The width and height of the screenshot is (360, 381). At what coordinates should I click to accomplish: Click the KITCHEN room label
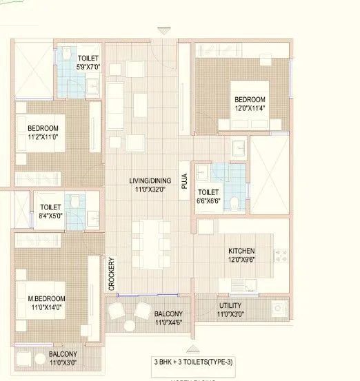(241, 251)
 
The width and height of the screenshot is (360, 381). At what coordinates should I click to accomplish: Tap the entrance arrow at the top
(163, 30)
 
